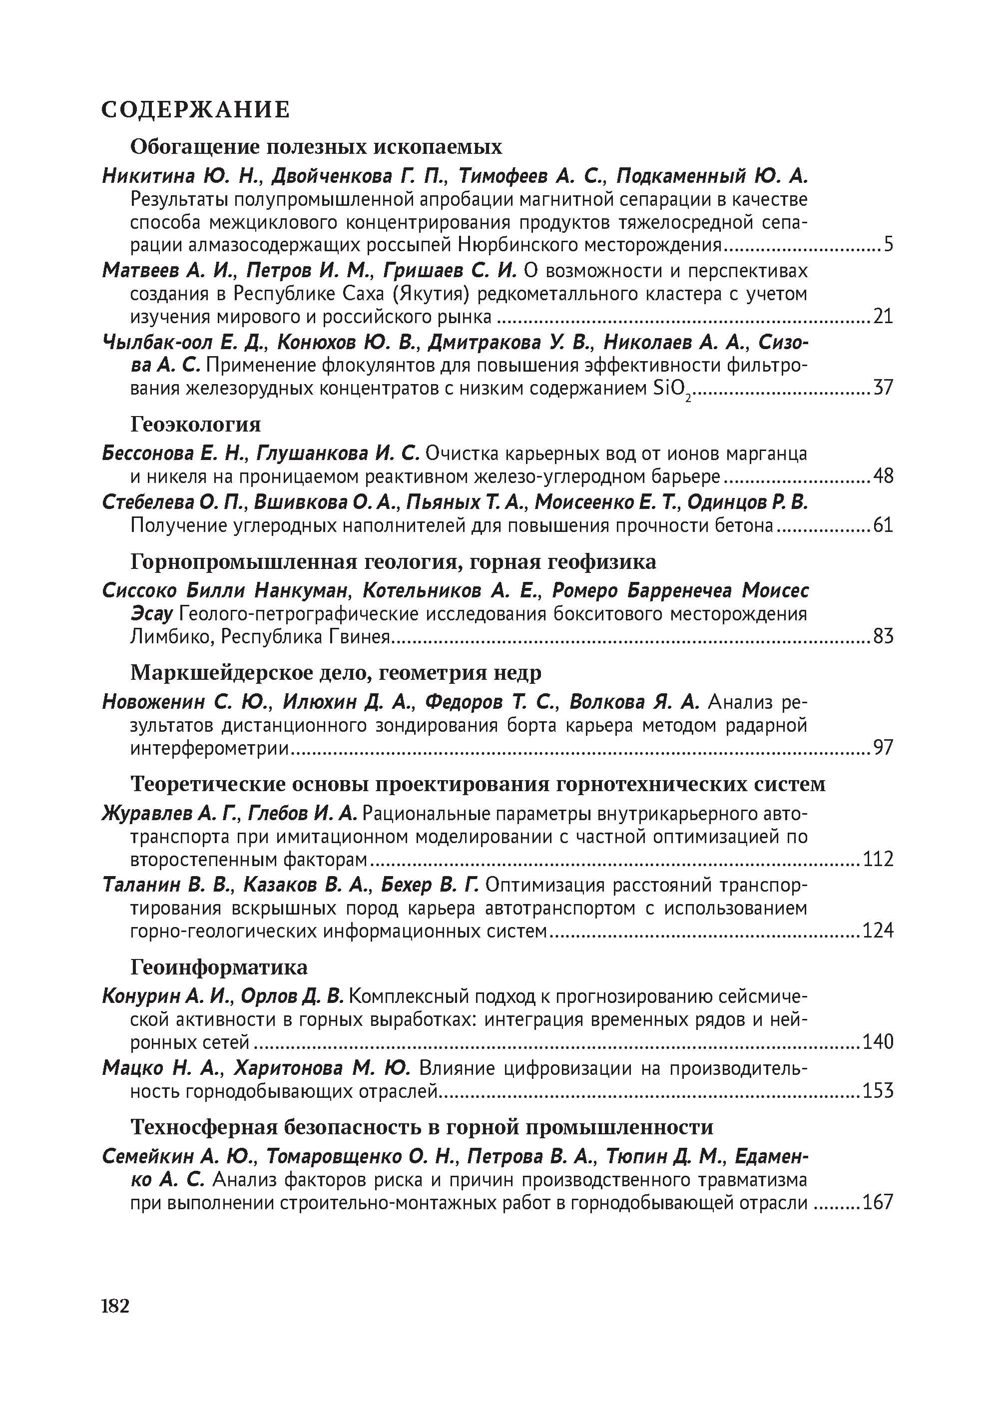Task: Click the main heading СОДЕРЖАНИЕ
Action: tap(195, 110)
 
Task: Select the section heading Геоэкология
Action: tap(195, 424)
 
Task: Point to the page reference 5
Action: tap(888, 245)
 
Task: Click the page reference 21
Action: tap(883, 317)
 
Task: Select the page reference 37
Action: tap(883, 389)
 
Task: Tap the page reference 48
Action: tap(883, 476)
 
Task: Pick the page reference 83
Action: tap(883, 636)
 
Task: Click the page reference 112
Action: tap(878, 859)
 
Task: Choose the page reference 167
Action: tap(878, 1202)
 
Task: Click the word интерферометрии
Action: tap(209, 748)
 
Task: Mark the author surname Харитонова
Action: tap(288, 1068)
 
